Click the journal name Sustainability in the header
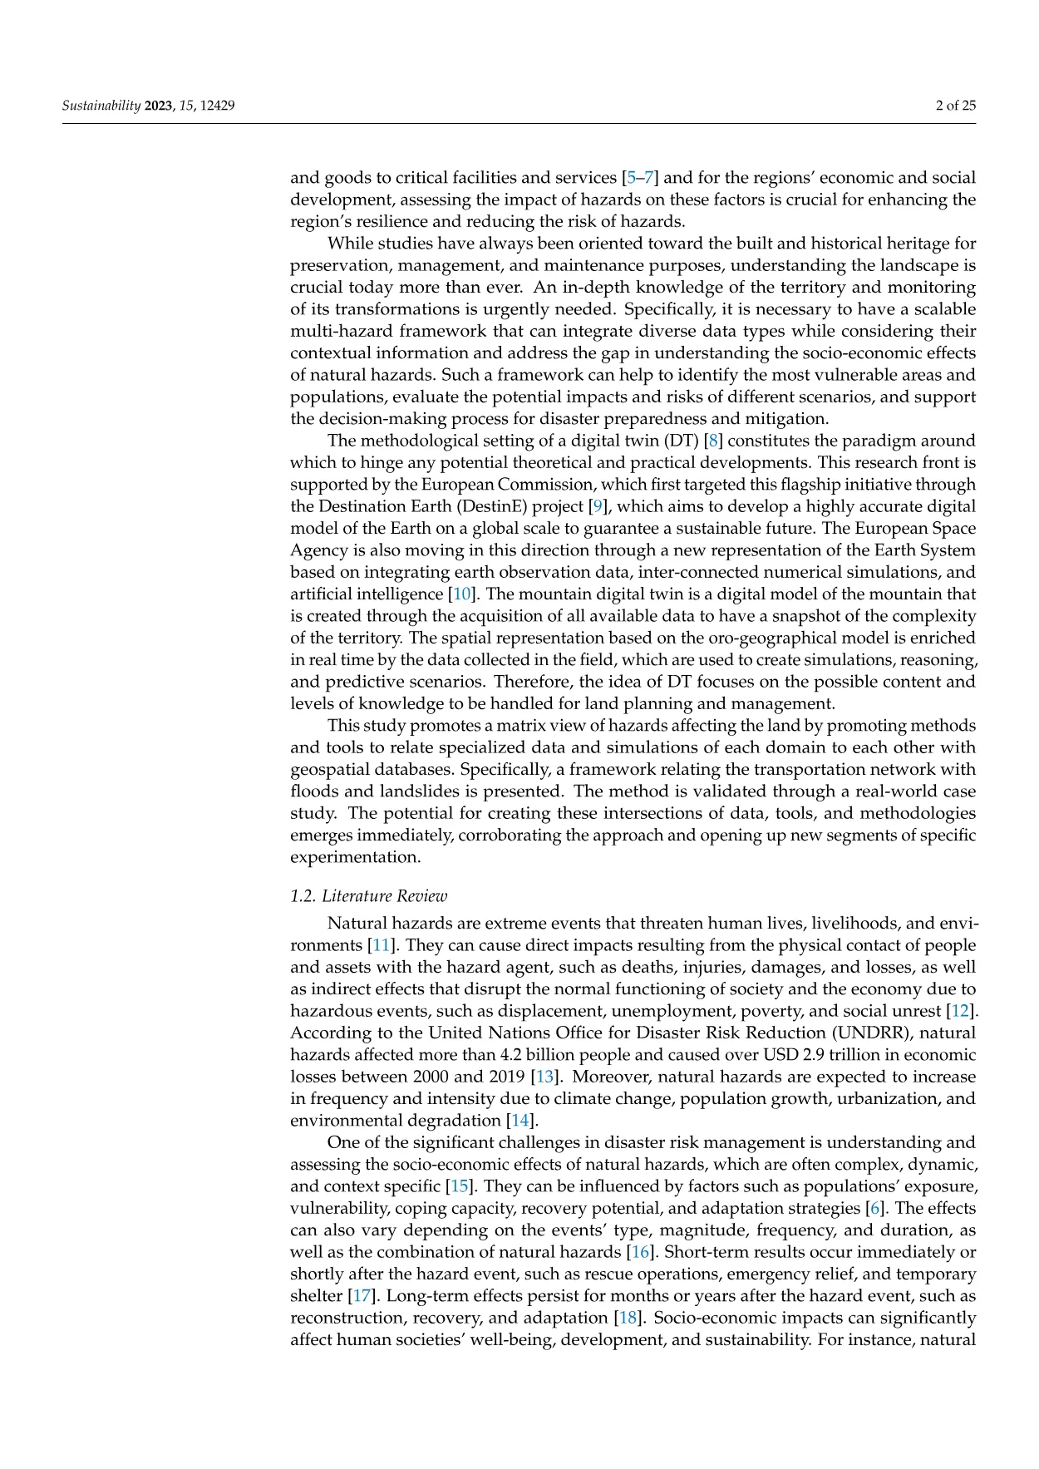point(101,106)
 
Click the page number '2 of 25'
point(955,106)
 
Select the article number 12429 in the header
point(218,106)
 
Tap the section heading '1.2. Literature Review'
point(368,895)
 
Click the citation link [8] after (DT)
point(713,441)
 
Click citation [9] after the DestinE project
point(597,506)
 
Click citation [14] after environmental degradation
point(519,1120)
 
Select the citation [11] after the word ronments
point(381,945)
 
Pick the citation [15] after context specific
point(459,1186)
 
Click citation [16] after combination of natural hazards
point(640,1252)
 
